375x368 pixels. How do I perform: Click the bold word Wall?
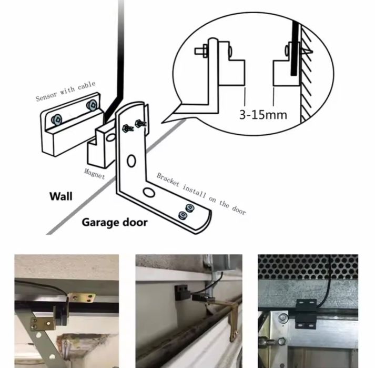60,196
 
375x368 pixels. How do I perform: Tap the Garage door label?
115,223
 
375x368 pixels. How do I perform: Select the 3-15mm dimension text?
263,115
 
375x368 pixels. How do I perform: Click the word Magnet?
95,174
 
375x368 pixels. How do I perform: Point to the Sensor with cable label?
66,91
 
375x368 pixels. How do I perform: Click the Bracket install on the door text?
201,193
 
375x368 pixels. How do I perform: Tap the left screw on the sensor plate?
57,120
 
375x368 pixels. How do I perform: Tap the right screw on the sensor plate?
92,105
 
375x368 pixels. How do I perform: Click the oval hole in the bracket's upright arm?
131,161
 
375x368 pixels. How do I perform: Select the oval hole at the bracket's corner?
149,192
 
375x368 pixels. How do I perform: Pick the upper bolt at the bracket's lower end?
190,207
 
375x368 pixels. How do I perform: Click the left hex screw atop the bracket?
128,128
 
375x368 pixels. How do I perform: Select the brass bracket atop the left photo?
82,297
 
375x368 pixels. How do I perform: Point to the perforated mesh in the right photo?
308,266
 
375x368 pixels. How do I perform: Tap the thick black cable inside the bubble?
295,48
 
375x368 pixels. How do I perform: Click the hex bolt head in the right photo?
282,317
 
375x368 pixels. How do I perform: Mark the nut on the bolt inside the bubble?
205,51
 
